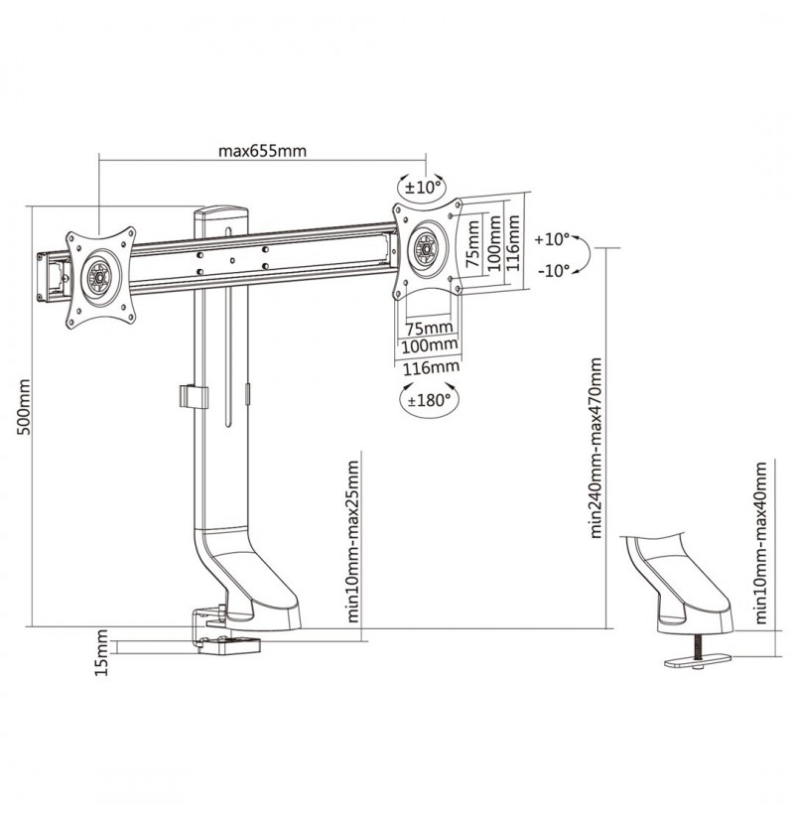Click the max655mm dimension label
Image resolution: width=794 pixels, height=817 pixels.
click(x=262, y=151)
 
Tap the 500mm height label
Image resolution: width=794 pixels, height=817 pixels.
click(x=24, y=407)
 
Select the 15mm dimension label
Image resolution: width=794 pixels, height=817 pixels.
click(x=101, y=653)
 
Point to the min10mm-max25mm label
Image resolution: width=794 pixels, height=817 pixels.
click(x=352, y=541)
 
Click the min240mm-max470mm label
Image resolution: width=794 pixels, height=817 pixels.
click(x=596, y=447)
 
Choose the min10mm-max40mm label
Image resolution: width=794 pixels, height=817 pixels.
click(x=761, y=542)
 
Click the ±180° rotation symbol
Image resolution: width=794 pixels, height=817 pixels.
click(x=429, y=400)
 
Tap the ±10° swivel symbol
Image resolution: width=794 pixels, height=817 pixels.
click(x=423, y=187)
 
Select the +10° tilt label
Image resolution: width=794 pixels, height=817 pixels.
click(x=552, y=239)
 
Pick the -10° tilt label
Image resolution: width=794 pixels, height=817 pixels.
click(x=553, y=271)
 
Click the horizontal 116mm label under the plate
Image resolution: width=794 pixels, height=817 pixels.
click(x=432, y=367)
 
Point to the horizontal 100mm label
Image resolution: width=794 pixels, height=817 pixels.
click(x=430, y=345)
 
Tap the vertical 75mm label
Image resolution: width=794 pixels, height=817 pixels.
click(x=472, y=244)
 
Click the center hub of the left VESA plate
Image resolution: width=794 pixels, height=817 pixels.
click(x=98, y=276)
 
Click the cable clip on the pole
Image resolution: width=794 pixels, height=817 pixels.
click(x=193, y=397)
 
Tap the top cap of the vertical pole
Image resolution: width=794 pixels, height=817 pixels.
click(x=220, y=212)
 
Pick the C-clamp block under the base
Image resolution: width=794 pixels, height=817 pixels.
click(x=229, y=644)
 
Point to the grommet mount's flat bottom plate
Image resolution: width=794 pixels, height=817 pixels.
click(x=698, y=661)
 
